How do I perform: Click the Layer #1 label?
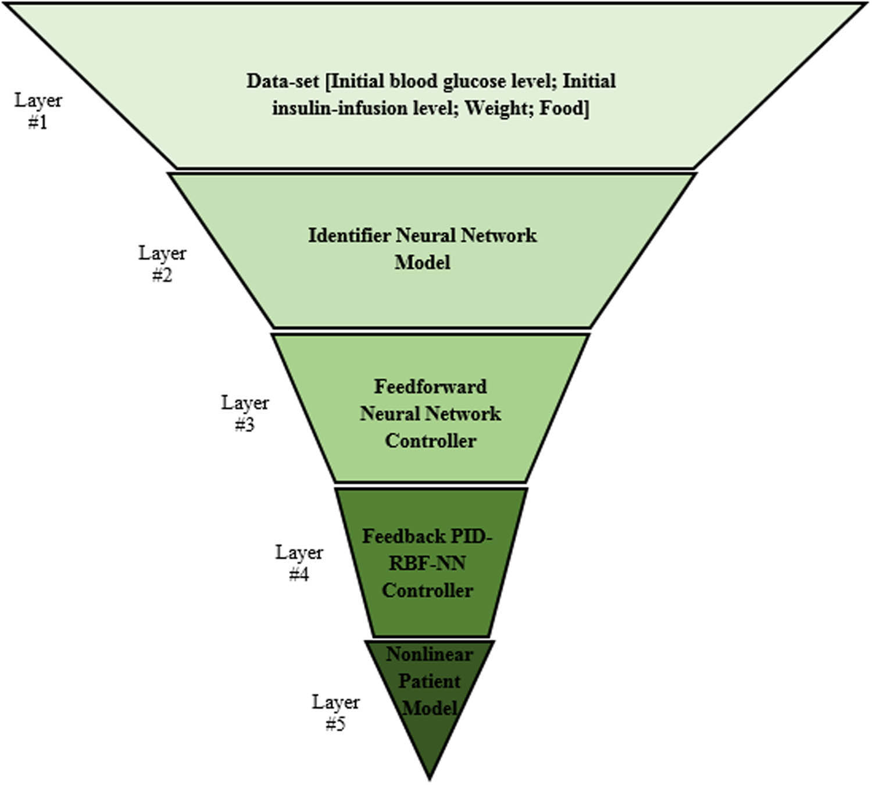(x=38, y=111)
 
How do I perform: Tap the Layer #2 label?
(x=162, y=264)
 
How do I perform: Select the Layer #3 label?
(x=245, y=413)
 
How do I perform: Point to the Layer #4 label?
(x=299, y=563)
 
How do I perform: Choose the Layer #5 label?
(x=335, y=713)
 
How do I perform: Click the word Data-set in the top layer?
(x=283, y=81)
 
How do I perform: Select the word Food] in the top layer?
(x=564, y=108)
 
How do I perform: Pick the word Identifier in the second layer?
(x=349, y=235)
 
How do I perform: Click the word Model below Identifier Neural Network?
(x=423, y=262)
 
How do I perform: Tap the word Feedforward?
(x=430, y=387)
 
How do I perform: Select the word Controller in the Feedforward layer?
(x=430, y=441)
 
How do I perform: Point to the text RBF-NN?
(x=427, y=563)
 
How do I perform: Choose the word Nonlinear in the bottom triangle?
(x=429, y=654)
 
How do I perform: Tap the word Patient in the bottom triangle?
(x=429, y=681)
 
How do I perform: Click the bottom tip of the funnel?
(x=430, y=778)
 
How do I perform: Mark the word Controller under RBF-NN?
(x=427, y=590)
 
